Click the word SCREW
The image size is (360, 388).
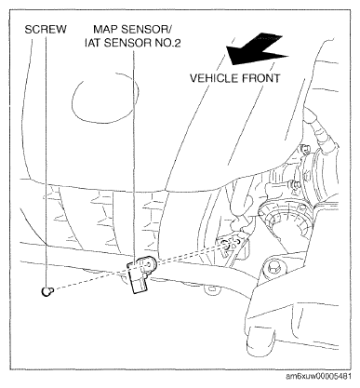46,30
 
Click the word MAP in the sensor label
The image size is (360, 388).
105,30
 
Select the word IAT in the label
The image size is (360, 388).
92,43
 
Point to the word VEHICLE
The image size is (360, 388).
214,78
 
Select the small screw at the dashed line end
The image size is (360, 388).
47,291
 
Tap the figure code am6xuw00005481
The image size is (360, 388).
319,376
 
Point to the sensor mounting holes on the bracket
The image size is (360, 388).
230,243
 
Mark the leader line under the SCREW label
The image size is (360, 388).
47,161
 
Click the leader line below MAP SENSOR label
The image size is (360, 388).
134,155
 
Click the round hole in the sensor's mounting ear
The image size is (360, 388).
149,264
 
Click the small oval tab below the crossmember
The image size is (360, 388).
213,289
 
